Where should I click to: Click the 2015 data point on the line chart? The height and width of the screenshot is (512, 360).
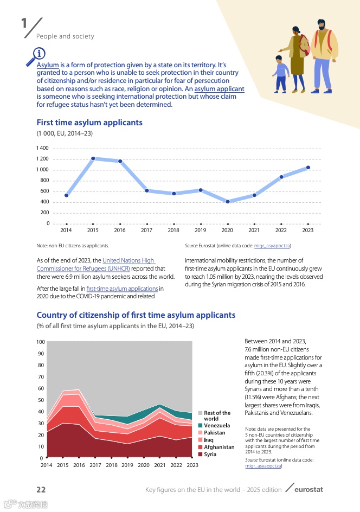93,158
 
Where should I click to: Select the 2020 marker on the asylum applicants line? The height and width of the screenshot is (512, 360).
228,202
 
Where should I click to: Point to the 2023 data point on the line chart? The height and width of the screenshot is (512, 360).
308,168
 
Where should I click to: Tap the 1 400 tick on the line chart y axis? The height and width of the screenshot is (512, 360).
42,148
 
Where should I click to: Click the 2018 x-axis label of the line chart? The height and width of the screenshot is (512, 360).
173,231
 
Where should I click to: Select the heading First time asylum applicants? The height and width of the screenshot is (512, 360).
89,123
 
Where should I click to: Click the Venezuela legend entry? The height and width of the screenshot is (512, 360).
217,425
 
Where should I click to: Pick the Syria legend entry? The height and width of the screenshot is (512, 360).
210,455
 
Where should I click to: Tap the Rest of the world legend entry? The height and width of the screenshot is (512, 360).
217,416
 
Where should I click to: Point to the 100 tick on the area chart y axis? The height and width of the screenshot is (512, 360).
41,342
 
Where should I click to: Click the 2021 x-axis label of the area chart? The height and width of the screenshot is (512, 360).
160,465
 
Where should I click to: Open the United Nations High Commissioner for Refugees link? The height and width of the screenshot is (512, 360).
95,265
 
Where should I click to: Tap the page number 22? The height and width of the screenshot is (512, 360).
41,490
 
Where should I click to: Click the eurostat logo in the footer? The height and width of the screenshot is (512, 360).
307,490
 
